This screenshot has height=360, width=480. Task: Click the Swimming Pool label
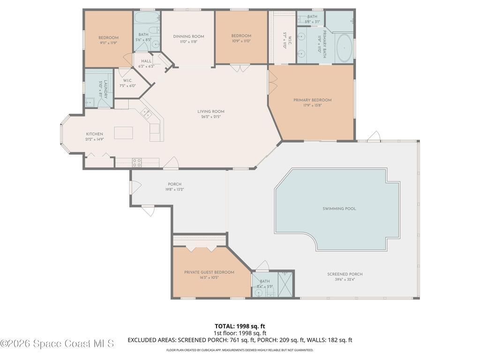[339, 209]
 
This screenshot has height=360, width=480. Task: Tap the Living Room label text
[211, 112]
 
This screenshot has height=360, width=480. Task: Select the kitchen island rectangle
[123, 133]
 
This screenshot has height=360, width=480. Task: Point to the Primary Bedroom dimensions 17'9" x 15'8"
[312, 105]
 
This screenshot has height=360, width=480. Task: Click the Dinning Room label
[188, 37]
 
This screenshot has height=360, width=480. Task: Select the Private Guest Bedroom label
[209, 272]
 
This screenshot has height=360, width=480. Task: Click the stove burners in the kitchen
[137, 163]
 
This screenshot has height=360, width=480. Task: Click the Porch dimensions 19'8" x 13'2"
[174, 190]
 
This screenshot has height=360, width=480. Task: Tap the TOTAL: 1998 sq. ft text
[240, 326]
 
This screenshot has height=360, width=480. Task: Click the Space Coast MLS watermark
[57, 344]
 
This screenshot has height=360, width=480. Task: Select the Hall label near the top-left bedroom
[146, 61]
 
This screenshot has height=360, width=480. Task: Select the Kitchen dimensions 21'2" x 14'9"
[94, 139]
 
